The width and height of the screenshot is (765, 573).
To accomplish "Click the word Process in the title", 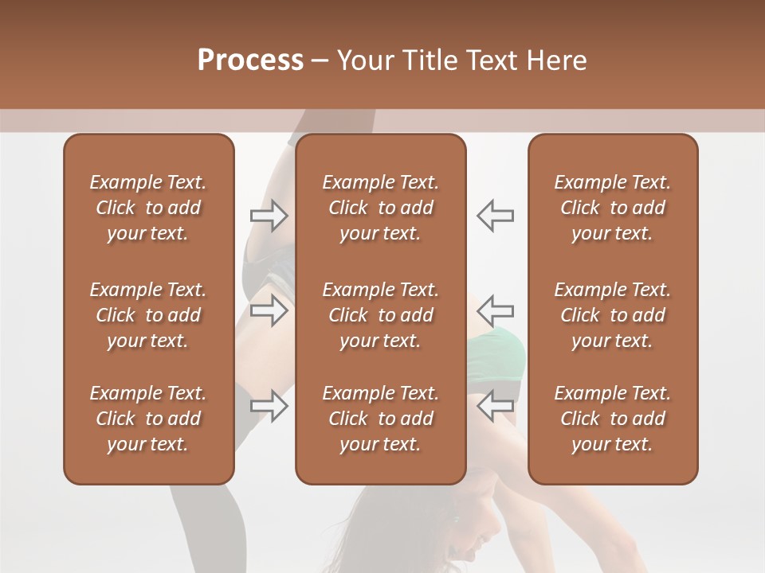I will coord(250,60).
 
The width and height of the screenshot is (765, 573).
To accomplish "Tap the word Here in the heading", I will coord(555,60).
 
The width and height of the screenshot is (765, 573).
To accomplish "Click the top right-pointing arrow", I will coord(269,216).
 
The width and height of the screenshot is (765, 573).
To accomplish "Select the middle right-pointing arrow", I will coord(269,310).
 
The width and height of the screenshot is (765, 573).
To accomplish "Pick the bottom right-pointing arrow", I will coord(269,405).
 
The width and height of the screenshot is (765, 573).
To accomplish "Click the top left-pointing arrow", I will coord(496,216).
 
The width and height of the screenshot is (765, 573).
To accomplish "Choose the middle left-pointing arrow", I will coord(496,310).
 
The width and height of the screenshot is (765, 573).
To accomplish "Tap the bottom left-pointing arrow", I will coord(496,405).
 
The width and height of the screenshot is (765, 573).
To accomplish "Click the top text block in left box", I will coord(148,208).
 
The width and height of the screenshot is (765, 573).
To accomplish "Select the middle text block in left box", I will coord(148,315).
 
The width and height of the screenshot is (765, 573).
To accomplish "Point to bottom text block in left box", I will coord(148,419).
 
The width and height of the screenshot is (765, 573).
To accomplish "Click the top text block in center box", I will coord(380,208).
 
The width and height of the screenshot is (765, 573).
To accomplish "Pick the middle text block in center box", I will coord(380,315).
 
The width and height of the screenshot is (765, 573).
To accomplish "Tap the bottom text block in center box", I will coord(380,419).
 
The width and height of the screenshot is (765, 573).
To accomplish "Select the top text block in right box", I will coord(612,208).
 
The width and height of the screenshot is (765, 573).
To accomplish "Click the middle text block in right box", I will coord(612,315).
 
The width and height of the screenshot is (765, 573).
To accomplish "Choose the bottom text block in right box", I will coord(612,419).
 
